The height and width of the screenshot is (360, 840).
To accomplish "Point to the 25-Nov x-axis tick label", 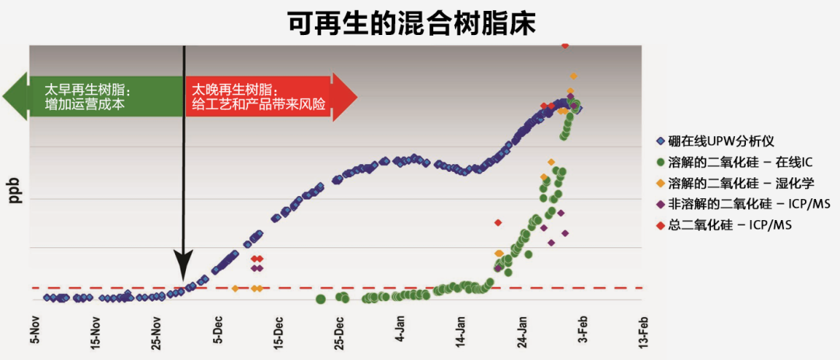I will point(156,332).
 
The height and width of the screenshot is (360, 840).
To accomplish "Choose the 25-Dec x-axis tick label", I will point(338,332).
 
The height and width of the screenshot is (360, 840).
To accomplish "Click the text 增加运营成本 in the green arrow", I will point(85,104).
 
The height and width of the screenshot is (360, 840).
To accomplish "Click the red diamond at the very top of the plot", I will point(565,46).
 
